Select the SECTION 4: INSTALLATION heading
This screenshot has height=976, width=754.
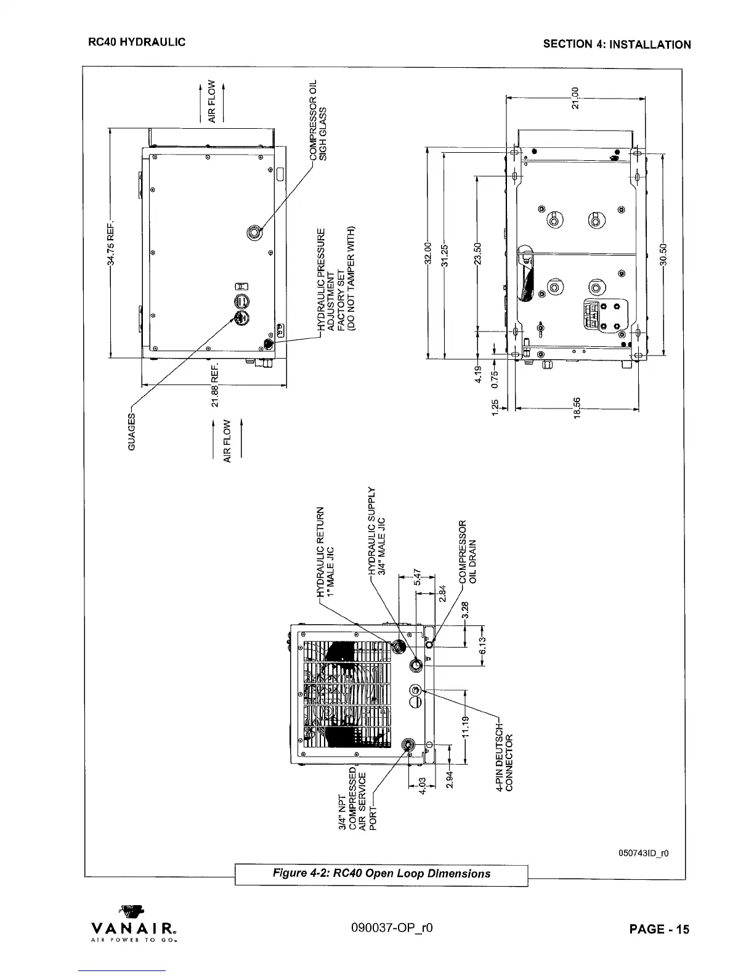click(617, 44)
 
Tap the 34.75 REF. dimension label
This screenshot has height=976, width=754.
click(111, 243)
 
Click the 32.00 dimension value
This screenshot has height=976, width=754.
click(427, 253)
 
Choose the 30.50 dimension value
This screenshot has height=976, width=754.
click(663, 253)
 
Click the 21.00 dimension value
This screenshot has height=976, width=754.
click(575, 97)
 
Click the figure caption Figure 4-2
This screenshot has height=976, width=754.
click(382, 873)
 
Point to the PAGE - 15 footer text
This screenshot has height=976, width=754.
click(659, 930)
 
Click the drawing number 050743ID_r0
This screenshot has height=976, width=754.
click(644, 853)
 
